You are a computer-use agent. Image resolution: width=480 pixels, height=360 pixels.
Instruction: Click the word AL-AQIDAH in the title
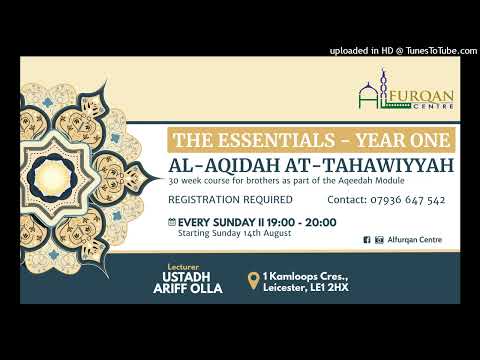(x=221, y=162)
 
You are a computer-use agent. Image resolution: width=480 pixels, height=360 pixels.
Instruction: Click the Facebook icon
(x=366, y=240)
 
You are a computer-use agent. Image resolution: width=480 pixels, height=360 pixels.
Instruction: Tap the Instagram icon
(x=378, y=240)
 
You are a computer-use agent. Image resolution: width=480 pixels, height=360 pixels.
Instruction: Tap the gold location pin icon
(x=256, y=281)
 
